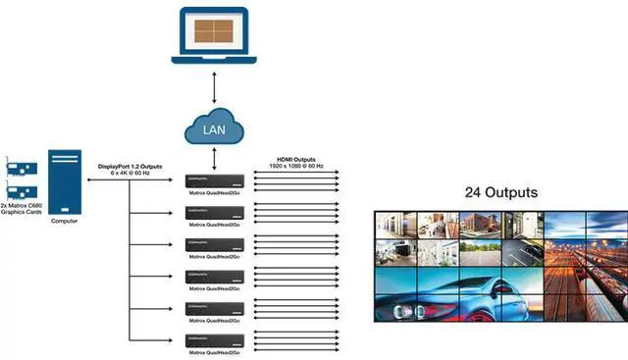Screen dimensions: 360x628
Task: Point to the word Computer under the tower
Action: tap(65, 221)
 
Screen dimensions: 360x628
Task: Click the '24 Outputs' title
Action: tap(500, 192)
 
